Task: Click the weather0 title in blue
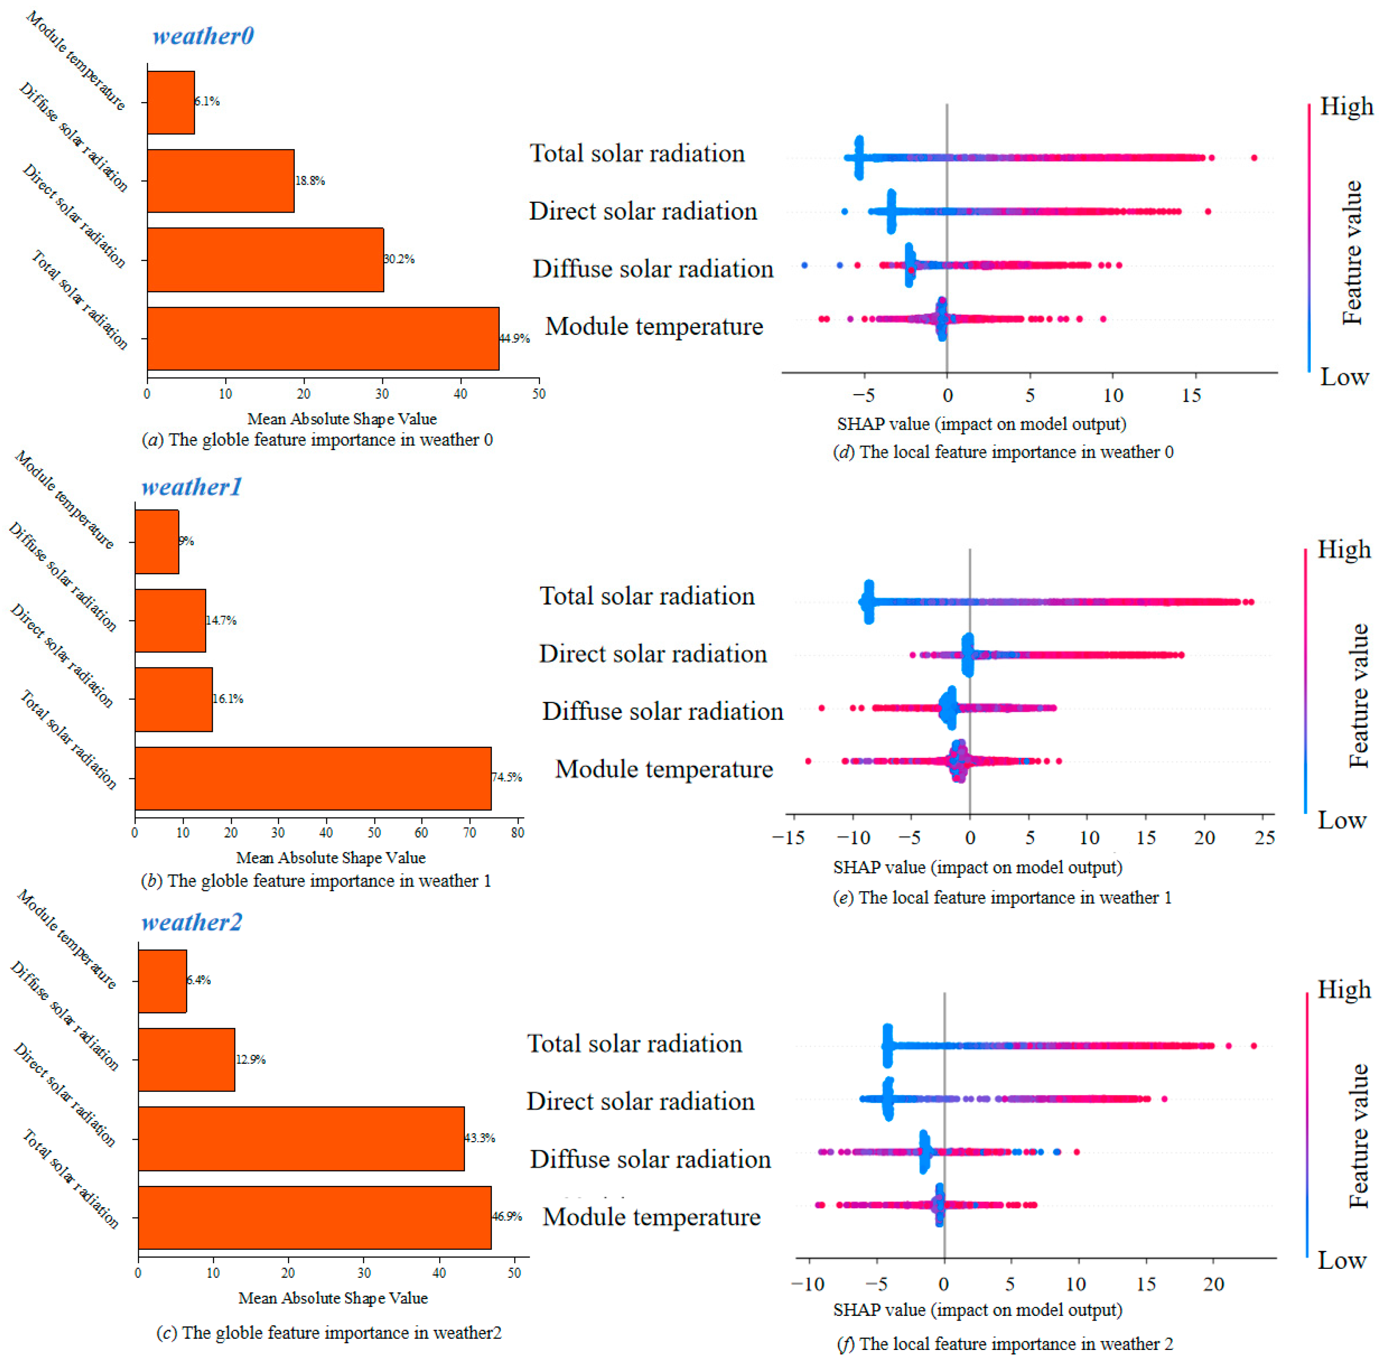203,36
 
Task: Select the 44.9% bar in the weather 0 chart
322,338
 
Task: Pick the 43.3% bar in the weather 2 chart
301,1138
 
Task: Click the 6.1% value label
208,102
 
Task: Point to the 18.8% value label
310,180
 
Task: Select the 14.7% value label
221,620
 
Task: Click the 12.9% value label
250,1060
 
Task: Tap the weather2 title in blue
191,922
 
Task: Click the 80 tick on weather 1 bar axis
518,833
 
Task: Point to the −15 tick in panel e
789,838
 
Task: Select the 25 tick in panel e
1265,838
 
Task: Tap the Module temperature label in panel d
654,326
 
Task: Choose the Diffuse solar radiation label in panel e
662,711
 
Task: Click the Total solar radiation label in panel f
634,1044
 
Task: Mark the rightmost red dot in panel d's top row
1254,158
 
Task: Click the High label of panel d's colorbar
1346,107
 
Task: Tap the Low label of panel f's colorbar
1342,1260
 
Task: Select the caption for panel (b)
316,881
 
